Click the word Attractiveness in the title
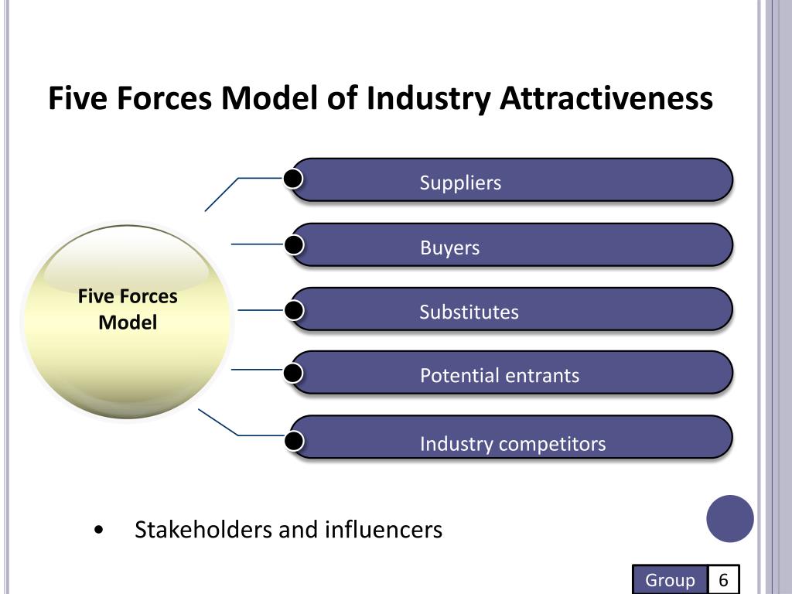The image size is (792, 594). [606, 100]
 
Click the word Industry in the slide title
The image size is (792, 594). [428, 100]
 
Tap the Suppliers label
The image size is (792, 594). [460, 183]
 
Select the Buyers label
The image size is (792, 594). [449, 248]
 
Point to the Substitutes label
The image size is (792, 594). [469, 312]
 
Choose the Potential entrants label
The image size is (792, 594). [499, 376]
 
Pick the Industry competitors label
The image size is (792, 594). [513, 444]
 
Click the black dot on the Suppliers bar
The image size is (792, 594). [292, 179]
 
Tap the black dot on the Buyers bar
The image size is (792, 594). [293, 245]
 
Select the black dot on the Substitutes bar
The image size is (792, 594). [293, 310]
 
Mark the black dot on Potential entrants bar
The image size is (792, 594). [293, 374]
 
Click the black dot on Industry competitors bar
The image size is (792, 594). [293, 441]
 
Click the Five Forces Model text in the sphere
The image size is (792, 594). [128, 309]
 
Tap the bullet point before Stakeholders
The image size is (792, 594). [97, 531]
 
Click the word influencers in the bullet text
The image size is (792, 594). [383, 531]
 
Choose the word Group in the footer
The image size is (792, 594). [670, 580]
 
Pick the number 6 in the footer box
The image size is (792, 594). [724, 580]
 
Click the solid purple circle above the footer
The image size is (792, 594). [730, 518]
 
